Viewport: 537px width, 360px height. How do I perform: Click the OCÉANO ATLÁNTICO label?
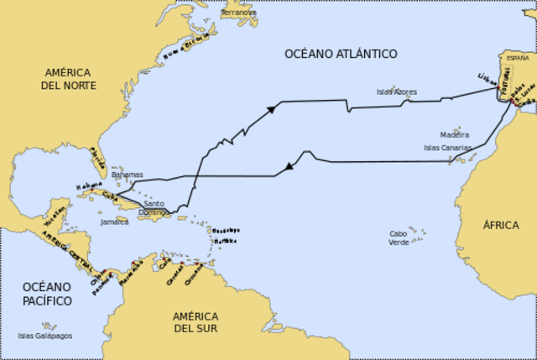[341, 54]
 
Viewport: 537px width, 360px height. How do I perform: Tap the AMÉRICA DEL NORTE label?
[70, 79]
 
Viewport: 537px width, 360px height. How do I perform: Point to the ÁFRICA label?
[500, 225]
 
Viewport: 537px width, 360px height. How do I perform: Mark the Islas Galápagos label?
[44, 336]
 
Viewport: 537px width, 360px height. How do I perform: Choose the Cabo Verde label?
[399, 237]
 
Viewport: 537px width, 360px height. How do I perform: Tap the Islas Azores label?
[396, 91]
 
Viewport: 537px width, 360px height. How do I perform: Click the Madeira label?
[454, 134]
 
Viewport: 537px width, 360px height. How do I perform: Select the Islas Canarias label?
[447, 148]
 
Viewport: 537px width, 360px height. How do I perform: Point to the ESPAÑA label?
[518, 59]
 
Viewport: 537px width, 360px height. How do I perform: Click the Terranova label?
[238, 13]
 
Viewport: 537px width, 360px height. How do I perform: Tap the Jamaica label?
[114, 222]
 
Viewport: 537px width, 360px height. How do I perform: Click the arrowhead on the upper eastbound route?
[271, 109]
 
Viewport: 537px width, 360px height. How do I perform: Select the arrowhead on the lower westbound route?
[289, 166]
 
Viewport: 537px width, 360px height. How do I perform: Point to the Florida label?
[98, 155]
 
